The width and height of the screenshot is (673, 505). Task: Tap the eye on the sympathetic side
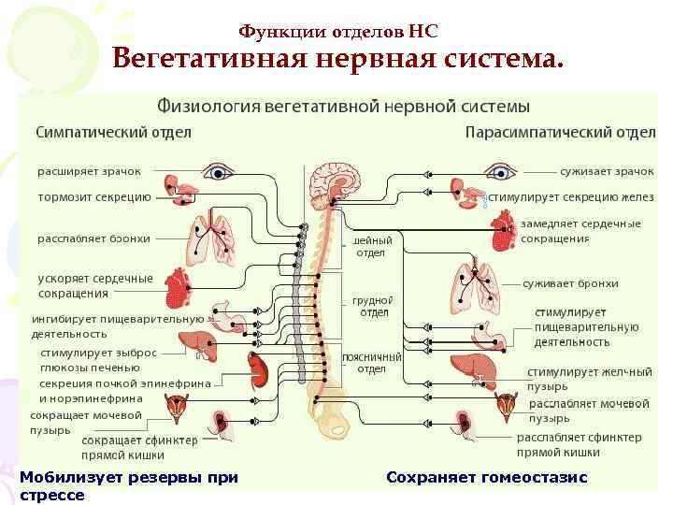[221, 172]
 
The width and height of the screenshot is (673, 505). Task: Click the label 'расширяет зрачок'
[89, 172]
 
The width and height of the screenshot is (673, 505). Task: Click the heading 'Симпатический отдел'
[113, 132]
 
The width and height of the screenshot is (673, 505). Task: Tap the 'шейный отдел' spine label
[371, 246]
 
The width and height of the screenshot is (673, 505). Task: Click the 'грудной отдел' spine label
[370, 307]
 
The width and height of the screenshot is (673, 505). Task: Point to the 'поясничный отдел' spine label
[371, 362]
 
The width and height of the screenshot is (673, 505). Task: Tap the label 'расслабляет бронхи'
[93, 238]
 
